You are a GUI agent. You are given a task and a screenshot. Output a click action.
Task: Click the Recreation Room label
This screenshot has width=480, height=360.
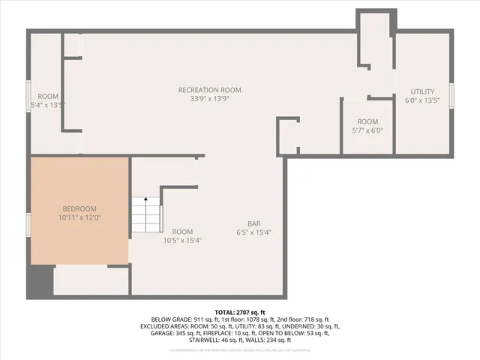pyautogui.click(x=209, y=90)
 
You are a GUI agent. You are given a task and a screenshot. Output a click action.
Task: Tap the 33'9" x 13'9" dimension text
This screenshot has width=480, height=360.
pyautogui.click(x=209, y=98)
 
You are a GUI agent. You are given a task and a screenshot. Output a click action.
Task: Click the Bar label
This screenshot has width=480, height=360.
pyautogui.click(x=254, y=223)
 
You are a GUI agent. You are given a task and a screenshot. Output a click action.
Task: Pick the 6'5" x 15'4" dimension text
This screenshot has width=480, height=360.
pyautogui.click(x=254, y=232)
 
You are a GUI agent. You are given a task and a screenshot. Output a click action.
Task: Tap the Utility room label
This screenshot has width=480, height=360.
pyautogui.click(x=421, y=91)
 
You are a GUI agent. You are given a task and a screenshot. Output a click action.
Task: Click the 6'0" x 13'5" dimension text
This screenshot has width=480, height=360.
pyautogui.click(x=421, y=100)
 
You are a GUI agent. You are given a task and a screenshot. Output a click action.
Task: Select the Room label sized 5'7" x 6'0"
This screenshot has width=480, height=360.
pyautogui.click(x=367, y=121)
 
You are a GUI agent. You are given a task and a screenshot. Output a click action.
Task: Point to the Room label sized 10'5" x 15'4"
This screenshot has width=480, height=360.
pyautogui.click(x=182, y=232)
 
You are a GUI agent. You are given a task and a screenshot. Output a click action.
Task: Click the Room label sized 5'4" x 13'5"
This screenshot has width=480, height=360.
pyautogui.click(x=48, y=96)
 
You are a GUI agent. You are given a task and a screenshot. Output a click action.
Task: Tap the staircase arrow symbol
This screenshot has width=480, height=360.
pyautogui.click(x=145, y=201)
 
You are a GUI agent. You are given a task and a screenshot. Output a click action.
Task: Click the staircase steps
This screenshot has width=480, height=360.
pyautogui.click(x=146, y=217)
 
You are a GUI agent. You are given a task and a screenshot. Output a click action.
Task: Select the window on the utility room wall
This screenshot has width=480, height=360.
pyautogui.click(x=451, y=98)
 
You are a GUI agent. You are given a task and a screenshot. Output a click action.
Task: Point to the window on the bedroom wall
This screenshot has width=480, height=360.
pyautogui.click(x=28, y=223)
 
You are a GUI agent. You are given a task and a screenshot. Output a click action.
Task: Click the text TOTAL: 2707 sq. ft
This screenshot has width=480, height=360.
pyautogui.click(x=240, y=311)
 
